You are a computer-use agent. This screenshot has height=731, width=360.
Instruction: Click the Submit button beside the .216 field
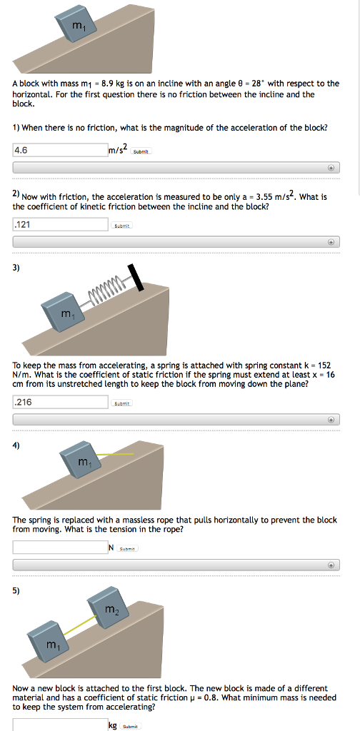click(124, 403)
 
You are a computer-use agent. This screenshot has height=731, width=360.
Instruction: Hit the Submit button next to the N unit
click(127, 548)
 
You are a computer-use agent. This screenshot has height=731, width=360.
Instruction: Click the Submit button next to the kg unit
click(130, 725)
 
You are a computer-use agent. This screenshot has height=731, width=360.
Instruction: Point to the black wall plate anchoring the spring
click(136, 277)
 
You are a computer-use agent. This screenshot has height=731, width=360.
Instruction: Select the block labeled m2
click(109, 608)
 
